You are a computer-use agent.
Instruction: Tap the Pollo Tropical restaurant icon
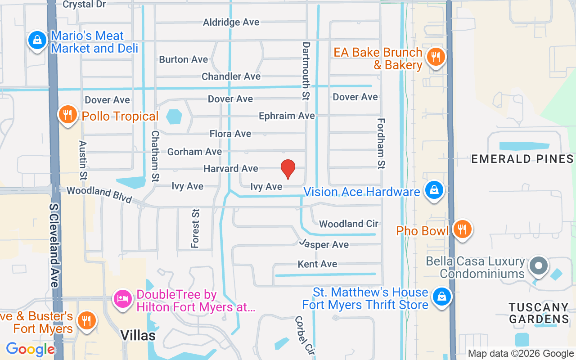tap(67, 115)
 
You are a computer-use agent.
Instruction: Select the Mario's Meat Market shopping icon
tap(37, 40)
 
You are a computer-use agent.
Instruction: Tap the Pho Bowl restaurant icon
tap(462, 229)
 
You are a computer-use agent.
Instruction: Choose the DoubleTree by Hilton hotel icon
tap(123, 298)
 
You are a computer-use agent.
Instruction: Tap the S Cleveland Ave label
tap(54, 245)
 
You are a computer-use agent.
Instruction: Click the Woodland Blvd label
tap(99, 194)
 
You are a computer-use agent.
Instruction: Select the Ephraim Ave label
tap(287, 116)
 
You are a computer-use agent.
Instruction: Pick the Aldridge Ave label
tap(231, 22)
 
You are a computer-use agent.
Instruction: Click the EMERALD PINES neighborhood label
tap(522, 159)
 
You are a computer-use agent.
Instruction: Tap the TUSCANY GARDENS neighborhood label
tap(539, 313)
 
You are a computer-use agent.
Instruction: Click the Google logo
tap(30, 349)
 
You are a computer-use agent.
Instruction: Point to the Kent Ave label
tap(317, 264)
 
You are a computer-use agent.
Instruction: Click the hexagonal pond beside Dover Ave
tap(174, 117)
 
